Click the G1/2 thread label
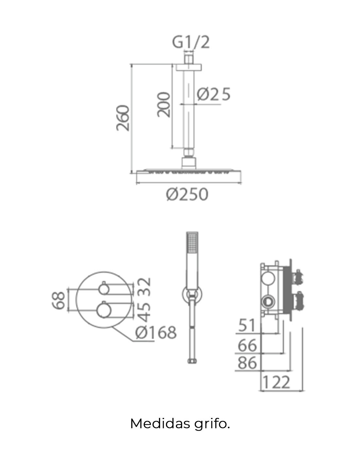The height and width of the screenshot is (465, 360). (x=191, y=43)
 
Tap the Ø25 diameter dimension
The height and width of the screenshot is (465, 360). (x=213, y=94)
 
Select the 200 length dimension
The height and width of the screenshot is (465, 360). (x=164, y=105)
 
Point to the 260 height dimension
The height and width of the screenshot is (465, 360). (x=123, y=118)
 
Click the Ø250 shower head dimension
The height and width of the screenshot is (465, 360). (x=187, y=194)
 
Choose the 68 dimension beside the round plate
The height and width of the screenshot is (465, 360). (x=58, y=300)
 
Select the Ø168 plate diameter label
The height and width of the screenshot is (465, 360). (x=156, y=332)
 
